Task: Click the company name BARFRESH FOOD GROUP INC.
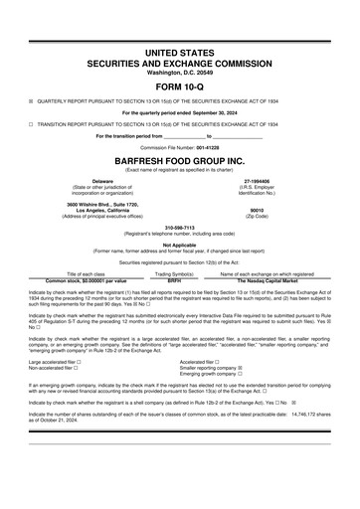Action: point(179,159)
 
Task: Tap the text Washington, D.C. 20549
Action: point(179,72)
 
